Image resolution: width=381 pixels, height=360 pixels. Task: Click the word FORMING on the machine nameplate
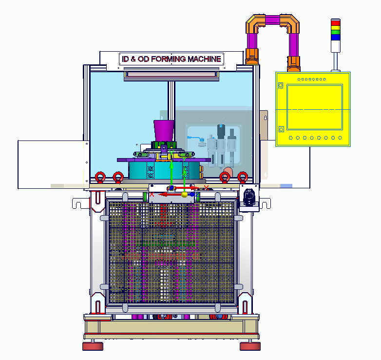[169, 59]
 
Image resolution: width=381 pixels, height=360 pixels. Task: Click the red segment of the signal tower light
[336, 23]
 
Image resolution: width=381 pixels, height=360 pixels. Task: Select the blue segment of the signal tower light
[336, 37]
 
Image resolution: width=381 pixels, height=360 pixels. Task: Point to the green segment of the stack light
[336, 32]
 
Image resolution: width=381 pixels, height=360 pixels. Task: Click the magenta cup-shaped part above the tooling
[164, 131]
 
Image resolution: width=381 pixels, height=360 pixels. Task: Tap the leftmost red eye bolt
[100, 177]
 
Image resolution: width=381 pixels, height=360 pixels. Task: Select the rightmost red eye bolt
[243, 177]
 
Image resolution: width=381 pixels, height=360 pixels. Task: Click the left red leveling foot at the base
[93, 346]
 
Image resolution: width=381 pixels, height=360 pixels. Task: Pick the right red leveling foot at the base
[250, 346]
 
